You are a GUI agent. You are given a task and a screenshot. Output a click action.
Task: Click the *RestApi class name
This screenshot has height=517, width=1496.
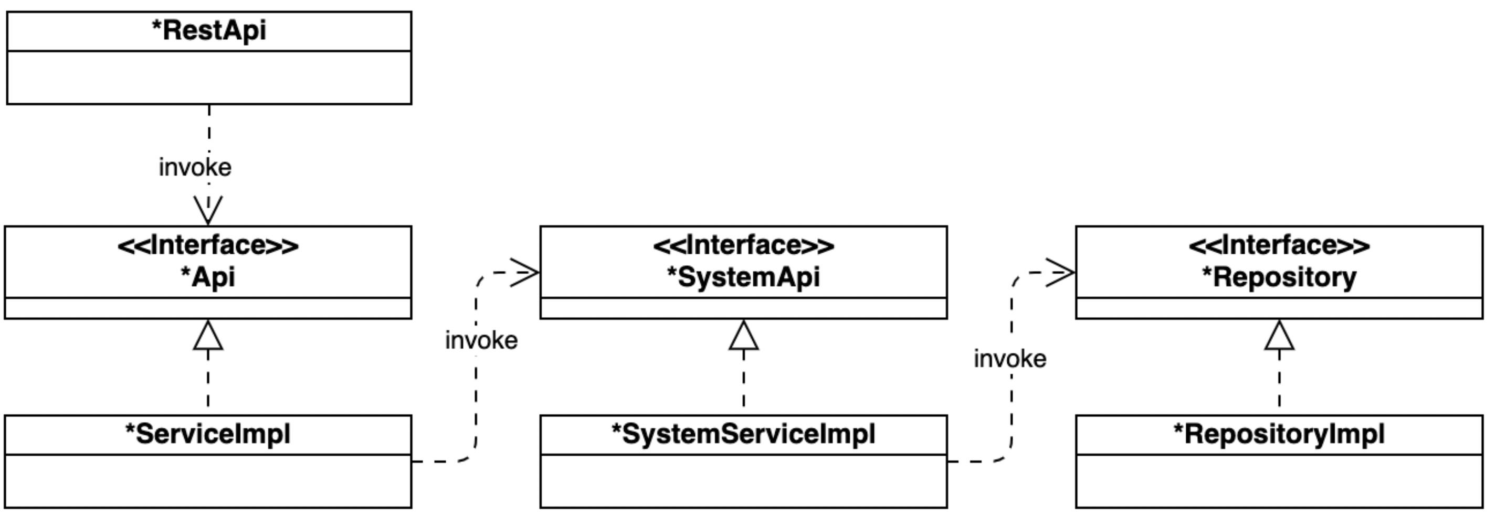(208, 31)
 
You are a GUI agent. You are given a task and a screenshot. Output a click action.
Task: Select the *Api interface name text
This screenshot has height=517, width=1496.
(208, 277)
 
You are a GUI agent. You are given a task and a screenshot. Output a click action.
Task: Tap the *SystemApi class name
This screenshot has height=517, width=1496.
(743, 277)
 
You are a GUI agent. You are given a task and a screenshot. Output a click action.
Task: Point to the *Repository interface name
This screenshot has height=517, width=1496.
(1279, 277)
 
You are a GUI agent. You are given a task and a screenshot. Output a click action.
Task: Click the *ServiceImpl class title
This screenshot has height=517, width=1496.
(208, 434)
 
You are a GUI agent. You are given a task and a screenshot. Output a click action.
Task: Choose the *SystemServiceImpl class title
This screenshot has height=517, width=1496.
(743, 434)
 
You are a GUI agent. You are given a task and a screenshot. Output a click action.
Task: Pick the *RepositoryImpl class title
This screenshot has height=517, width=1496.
(1279, 434)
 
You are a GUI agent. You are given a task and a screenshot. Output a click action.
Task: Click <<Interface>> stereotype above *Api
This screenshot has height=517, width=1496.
(208, 245)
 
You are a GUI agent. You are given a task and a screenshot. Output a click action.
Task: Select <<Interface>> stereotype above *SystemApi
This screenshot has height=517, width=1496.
(743, 245)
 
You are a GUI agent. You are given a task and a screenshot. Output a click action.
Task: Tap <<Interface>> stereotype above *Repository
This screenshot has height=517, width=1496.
(1279, 245)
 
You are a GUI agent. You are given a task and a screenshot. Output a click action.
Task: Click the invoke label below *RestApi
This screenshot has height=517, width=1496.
(195, 168)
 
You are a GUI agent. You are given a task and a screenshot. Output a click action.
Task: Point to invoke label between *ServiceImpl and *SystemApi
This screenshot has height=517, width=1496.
(481, 341)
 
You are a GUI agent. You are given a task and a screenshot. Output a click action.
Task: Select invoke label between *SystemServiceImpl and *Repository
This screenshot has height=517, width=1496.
(1010, 359)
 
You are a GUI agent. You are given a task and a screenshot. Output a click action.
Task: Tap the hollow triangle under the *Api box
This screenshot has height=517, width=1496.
(208, 337)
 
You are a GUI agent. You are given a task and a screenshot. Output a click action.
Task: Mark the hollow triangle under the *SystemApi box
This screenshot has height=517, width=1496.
(743, 337)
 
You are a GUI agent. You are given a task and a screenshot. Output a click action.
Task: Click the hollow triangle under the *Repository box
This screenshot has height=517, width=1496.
(1279, 337)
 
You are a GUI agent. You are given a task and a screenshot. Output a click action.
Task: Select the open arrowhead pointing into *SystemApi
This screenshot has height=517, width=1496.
(525, 272)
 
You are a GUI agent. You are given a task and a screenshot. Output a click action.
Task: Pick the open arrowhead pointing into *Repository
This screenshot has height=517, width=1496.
(1060, 272)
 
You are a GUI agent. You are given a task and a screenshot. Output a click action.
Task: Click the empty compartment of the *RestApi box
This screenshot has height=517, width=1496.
(208, 78)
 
